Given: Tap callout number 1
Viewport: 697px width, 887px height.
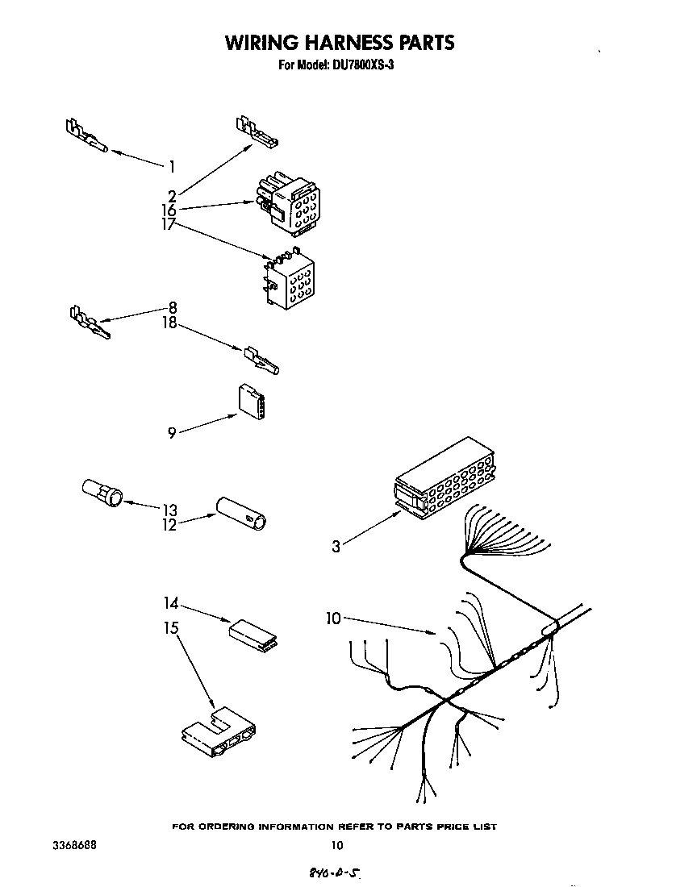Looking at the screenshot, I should [172, 167].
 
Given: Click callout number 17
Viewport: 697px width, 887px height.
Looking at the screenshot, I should [168, 225].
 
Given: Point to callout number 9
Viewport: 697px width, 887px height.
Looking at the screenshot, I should [172, 433].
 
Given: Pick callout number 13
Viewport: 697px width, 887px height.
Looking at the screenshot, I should [169, 510].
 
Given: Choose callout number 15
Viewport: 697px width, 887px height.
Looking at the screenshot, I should [171, 627].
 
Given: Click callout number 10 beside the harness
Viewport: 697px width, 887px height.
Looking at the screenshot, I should [333, 618].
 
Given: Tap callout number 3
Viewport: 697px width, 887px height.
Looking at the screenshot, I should [336, 547].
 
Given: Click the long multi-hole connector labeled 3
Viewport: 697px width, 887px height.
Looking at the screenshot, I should [444, 481].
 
